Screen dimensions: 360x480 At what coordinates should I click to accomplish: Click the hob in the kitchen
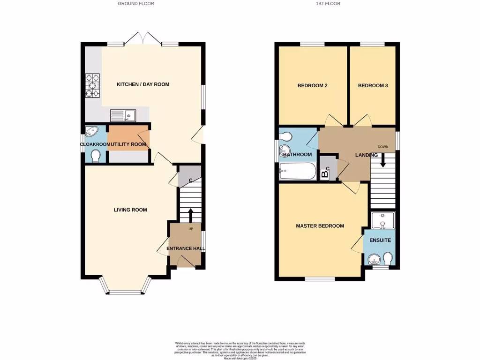(x=92, y=86)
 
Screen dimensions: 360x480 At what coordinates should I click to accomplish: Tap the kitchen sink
(x=123, y=115)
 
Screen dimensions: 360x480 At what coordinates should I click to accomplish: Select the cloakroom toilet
(x=96, y=156)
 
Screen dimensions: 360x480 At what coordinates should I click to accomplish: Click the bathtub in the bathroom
(x=297, y=172)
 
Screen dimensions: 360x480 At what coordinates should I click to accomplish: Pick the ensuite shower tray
(x=382, y=220)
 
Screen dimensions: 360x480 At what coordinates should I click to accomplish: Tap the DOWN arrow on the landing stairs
(x=383, y=160)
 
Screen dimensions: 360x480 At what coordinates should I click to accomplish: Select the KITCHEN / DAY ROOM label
(x=136, y=84)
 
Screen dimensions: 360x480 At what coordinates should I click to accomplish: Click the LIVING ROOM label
(x=130, y=210)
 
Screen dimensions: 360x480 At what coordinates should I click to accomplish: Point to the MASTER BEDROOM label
(x=320, y=226)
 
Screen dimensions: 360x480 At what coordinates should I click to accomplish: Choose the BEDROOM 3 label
(x=373, y=86)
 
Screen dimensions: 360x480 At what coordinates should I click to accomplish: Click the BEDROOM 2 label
(x=312, y=86)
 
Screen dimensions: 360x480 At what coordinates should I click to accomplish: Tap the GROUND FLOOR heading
(x=136, y=4)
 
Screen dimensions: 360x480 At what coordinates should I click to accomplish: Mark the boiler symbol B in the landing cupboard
(x=324, y=174)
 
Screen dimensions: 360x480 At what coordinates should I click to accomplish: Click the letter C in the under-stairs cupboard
(x=190, y=180)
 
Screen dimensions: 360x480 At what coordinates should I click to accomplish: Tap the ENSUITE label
(x=379, y=240)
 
